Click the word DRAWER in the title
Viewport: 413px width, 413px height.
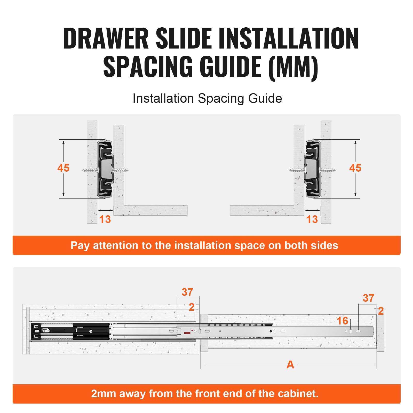(106, 39)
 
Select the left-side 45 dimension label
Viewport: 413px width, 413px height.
(63, 168)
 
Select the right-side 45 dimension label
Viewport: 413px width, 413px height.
(355, 168)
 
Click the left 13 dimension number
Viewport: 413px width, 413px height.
(105, 219)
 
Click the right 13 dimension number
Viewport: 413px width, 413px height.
(312, 219)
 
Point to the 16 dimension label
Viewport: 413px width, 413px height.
(343, 321)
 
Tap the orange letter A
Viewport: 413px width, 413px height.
(290, 365)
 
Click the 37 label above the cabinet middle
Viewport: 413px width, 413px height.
(187, 292)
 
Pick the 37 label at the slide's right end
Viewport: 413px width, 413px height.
(368, 298)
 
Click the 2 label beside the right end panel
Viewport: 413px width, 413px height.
(380, 311)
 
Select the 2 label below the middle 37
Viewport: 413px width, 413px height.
(192, 307)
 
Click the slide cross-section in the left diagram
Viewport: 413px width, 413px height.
(105, 169)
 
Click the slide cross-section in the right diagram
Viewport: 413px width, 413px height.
(313, 169)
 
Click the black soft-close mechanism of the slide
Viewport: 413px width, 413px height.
(70, 331)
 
